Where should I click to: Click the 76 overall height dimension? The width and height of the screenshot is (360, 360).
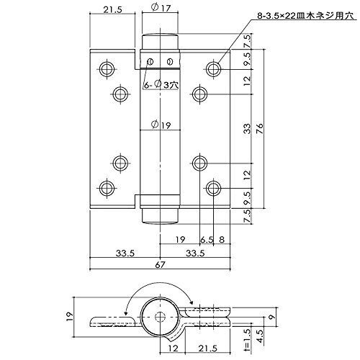tap(259, 129)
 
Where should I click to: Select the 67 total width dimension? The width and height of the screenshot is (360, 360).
tap(160, 264)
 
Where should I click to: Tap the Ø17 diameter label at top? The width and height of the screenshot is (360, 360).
tap(161, 8)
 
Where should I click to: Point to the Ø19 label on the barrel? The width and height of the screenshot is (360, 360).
tap(161, 125)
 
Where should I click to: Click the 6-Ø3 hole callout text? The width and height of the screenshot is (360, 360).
tap(161, 84)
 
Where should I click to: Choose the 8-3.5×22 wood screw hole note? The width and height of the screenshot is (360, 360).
tap(305, 16)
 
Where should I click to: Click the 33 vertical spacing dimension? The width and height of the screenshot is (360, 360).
tap(247, 129)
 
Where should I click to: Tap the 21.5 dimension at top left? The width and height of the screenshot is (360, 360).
tap(112, 10)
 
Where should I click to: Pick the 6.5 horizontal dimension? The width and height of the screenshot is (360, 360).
tap(207, 240)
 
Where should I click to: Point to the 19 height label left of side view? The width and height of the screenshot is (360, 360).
tap(69, 318)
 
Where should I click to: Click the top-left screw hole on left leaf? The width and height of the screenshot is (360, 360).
tap(107, 69)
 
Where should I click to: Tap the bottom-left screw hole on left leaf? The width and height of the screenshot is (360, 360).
tap(107, 189)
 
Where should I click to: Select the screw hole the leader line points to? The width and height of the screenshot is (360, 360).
tap(213, 69)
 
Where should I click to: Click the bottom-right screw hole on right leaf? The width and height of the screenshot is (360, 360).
tap(213, 189)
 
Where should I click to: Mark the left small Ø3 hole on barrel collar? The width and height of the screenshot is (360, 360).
tap(150, 62)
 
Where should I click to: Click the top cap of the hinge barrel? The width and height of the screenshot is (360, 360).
tap(160, 42)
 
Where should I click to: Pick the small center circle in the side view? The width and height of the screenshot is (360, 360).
tap(160, 318)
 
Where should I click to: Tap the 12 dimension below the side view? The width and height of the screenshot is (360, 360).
tap(173, 348)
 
